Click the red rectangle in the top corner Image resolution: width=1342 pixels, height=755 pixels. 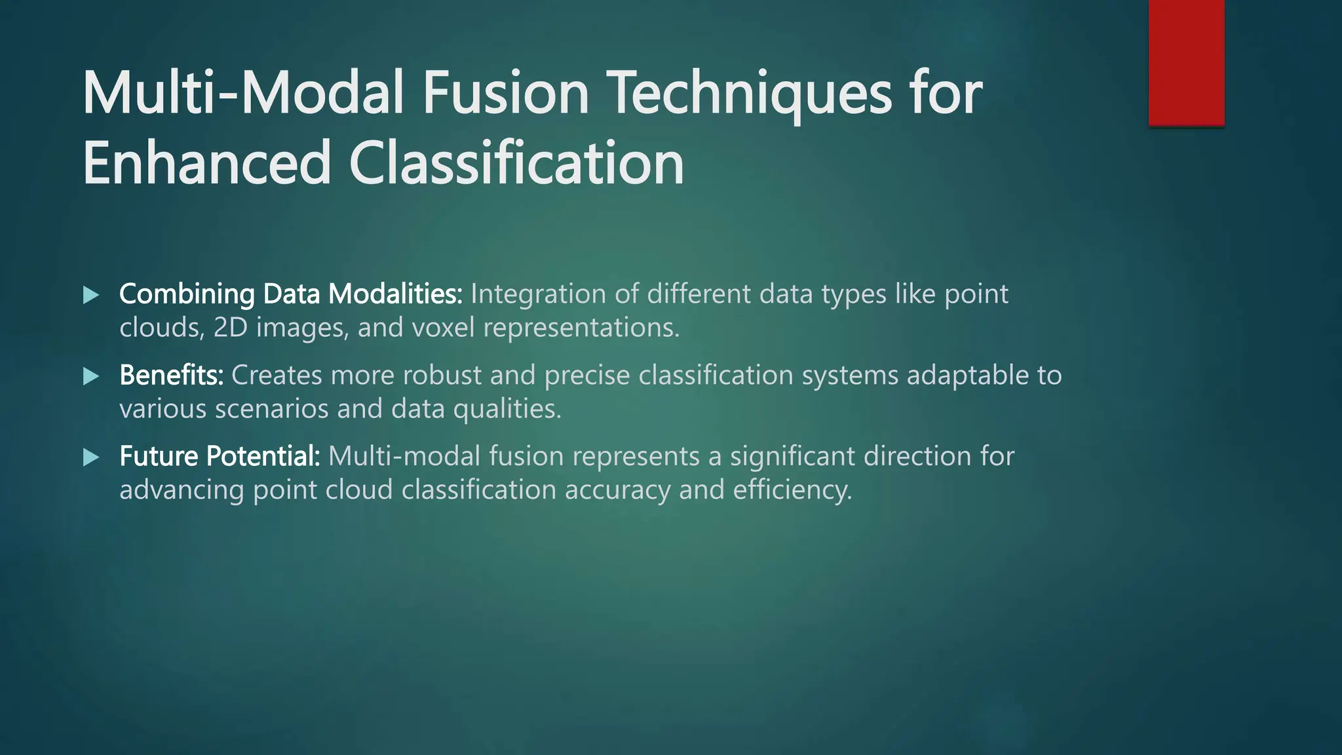(x=1186, y=62)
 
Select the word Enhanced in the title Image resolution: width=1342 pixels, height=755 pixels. (x=206, y=163)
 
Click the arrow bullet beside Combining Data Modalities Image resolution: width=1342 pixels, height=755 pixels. (x=91, y=295)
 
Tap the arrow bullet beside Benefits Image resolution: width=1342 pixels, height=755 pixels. (x=91, y=376)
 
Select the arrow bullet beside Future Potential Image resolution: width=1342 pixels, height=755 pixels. (x=91, y=457)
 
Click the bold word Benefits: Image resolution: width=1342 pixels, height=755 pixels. (x=171, y=376)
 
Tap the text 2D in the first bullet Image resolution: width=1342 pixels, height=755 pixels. (x=230, y=328)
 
